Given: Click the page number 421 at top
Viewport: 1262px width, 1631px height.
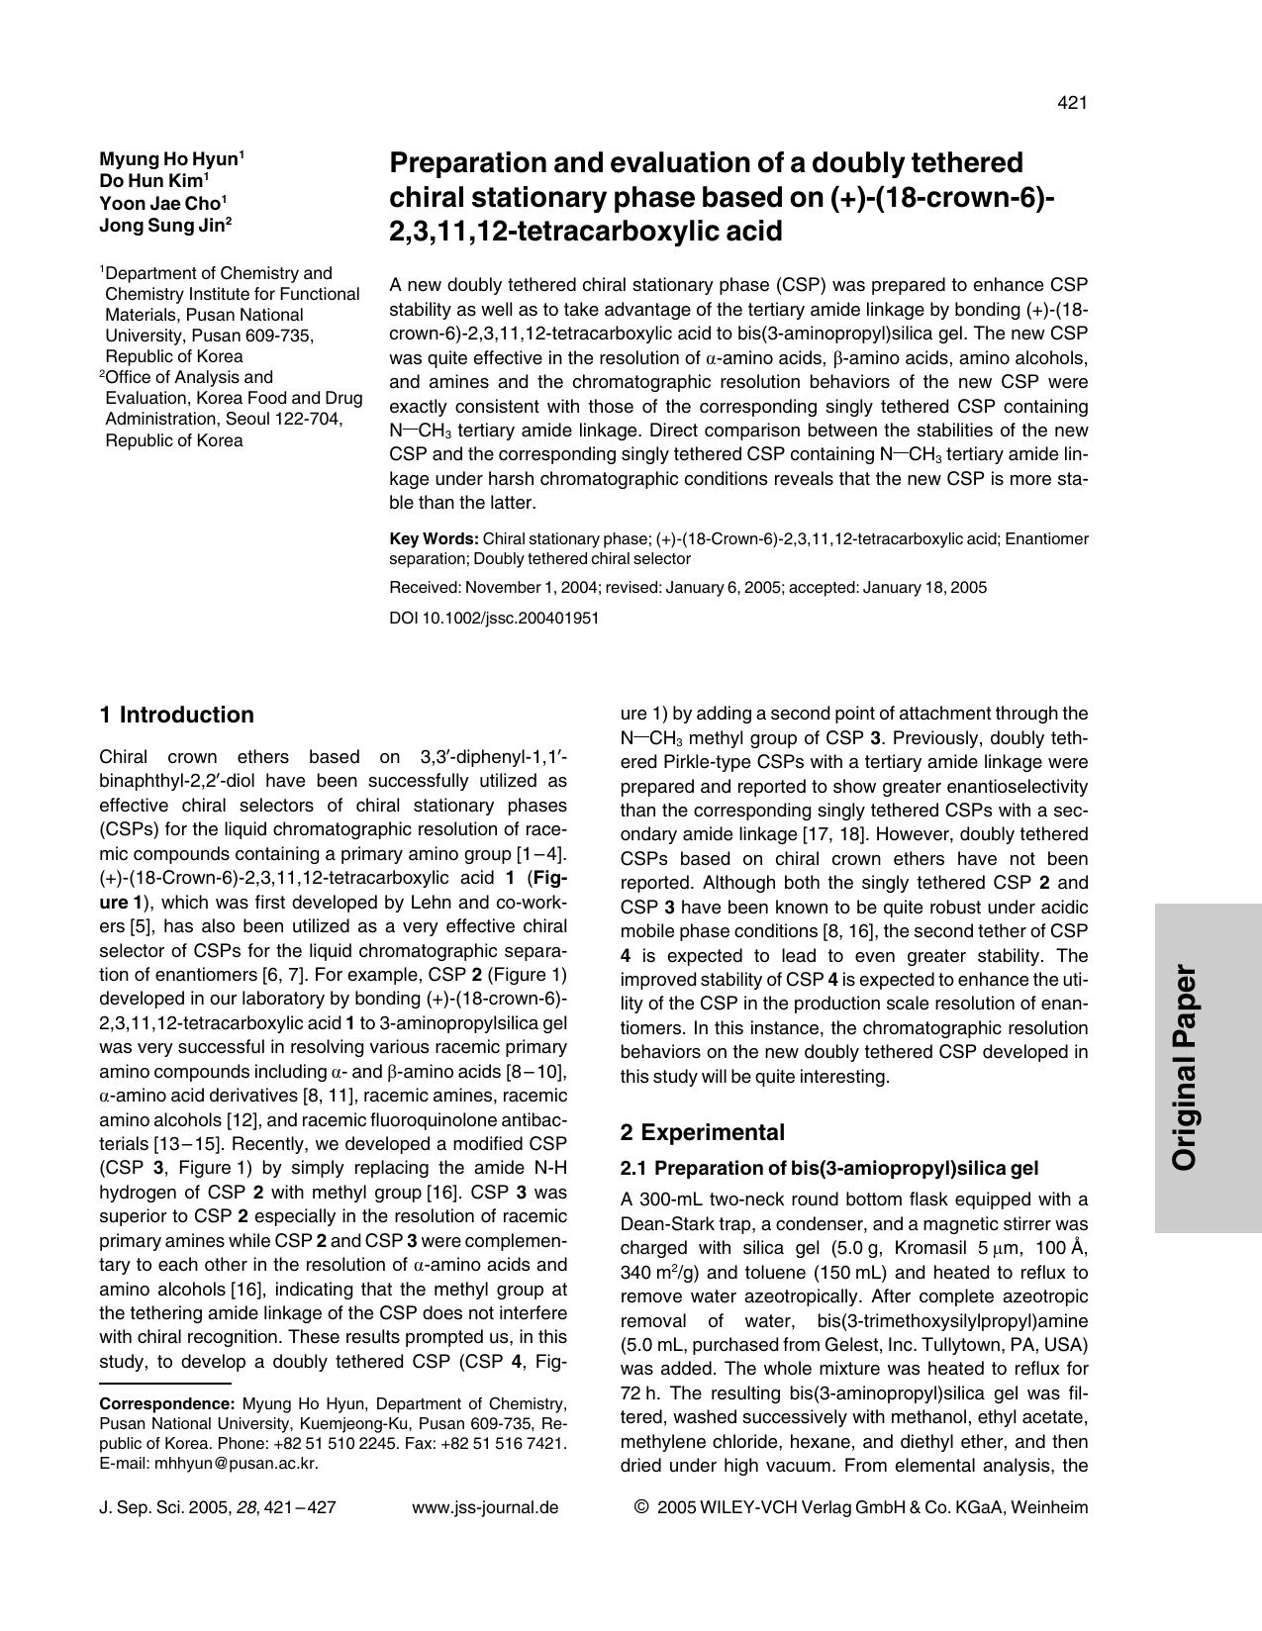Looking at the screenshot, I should pos(1072,103).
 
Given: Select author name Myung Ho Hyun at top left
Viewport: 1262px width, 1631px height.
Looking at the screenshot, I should pos(169,159).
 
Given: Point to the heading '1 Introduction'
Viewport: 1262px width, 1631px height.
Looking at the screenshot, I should pos(177,715).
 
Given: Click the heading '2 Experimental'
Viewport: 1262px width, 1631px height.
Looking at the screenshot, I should pos(702,1132).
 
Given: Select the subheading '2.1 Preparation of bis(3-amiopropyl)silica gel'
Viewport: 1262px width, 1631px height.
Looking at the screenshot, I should pos(828,1168).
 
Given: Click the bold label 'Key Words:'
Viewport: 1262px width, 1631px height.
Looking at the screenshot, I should pos(434,539).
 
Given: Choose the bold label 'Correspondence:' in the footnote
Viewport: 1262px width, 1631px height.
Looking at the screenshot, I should pos(167,1403).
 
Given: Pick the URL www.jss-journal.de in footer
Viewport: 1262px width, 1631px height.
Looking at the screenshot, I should pos(484,1508).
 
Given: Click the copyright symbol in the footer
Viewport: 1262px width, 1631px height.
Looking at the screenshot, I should pos(640,1507).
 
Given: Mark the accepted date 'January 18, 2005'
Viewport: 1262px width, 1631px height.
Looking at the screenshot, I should pos(924,588).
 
